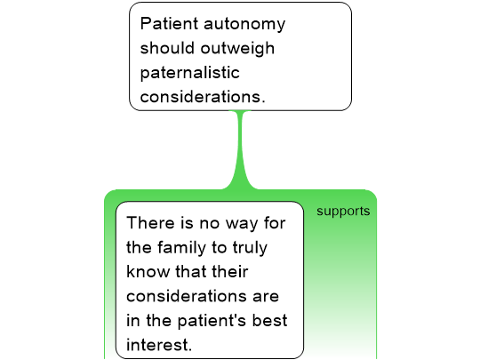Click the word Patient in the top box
pyautogui.click(x=169, y=23)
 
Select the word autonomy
pyautogui.click(x=244, y=25)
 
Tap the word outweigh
pyautogui.click(x=237, y=48)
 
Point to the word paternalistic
pyautogui.click(x=190, y=73)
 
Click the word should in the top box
pyautogui.click(x=167, y=48)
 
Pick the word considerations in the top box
pyautogui.click(x=203, y=97)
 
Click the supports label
pyautogui.click(x=343, y=212)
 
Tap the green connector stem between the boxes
pyautogui.click(x=241, y=150)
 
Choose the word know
pyautogui.click(x=148, y=271)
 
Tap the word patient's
pyautogui.click(x=212, y=322)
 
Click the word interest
pyautogui.click(x=159, y=345)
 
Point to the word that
pyautogui.click(x=190, y=271)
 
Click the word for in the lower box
pyautogui.click(x=275, y=222)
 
